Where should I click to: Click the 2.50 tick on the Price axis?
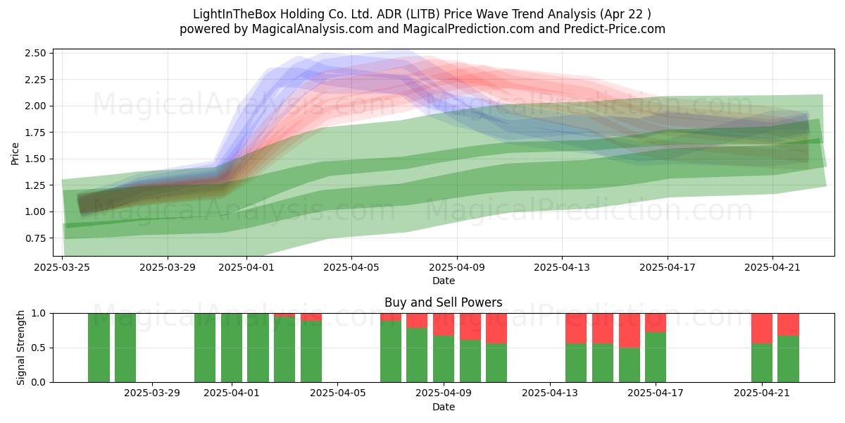click(x=35, y=53)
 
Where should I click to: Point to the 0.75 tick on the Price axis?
click(x=35, y=238)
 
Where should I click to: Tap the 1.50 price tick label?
click(x=35, y=159)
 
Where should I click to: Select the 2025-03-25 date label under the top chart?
click(x=62, y=267)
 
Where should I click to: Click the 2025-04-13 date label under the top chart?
click(x=562, y=267)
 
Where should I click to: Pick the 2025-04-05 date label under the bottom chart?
click(x=337, y=393)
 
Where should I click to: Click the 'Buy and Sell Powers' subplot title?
click(x=443, y=302)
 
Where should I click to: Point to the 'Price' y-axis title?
click(x=15, y=154)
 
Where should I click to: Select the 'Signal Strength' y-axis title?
click(x=20, y=348)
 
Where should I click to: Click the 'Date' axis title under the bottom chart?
click(x=444, y=407)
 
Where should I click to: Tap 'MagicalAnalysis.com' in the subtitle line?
click(x=313, y=29)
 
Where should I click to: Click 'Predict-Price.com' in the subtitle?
click(x=615, y=29)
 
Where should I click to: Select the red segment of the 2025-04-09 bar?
click(x=444, y=325)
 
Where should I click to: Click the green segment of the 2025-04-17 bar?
click(x=656, y=357)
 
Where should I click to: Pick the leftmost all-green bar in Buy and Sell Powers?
click(x=99, y=348)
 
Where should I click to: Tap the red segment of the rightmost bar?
click(x=789, y=324)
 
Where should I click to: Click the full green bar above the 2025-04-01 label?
click(x=232, y=348)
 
